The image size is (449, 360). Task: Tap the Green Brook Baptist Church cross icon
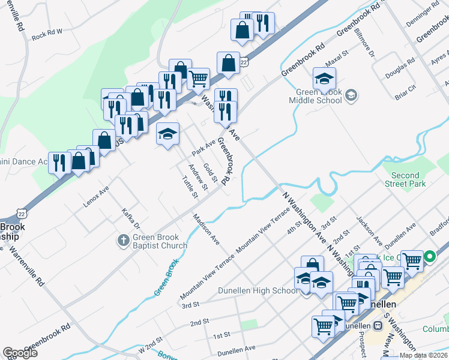click(123, 240)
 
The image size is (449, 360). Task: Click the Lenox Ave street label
click(96, 197)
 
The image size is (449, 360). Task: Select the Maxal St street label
click(337, 59)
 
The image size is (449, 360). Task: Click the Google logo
click(20, 353)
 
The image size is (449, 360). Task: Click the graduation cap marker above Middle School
click(324, 79)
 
